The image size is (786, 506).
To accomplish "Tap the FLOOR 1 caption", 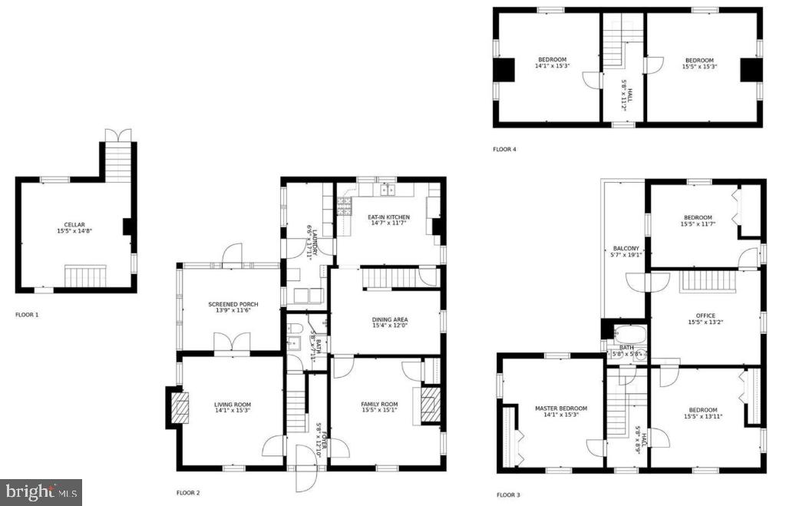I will (x=27, y=315).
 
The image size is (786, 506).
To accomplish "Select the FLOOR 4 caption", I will (x=504, y=149).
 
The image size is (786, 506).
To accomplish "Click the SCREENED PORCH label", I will (x=233, y=305).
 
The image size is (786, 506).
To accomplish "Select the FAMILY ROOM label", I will (x=380, y=405).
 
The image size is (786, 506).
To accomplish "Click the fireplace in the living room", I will (x=178, y=407).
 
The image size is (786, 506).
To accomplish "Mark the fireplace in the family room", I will (x=431, y=405).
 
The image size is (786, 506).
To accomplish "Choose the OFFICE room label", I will (x=705, y=316).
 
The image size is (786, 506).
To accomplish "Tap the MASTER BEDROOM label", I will (x=561, y=408).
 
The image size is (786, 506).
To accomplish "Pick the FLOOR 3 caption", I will (x=508, y=495).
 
